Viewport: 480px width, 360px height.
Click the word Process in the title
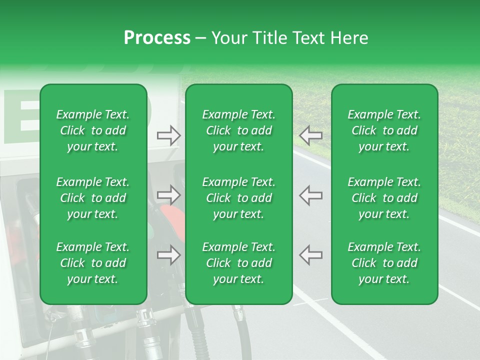tap(157, 38)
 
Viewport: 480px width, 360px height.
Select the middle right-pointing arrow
tap(169, 195)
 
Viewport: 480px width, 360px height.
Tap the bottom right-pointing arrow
tap(169, 255)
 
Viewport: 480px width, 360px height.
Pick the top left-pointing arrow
tap(311, 135)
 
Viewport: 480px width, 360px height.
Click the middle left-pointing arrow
tap(311, 195)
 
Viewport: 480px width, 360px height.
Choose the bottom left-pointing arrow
tap(311, 255)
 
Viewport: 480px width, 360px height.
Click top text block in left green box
tap(93, 130)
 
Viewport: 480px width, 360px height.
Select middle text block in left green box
tap(93, 198)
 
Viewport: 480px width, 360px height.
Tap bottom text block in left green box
tap(93, 263)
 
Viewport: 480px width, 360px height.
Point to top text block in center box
tap(239, 130)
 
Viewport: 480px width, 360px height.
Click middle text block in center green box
tap(239, 198)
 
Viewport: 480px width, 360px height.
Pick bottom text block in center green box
tap(239, 263)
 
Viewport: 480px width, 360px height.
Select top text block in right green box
tap(384, 130)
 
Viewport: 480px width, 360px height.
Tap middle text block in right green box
tap(384, 198)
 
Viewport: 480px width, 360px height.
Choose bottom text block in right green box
tap(384, 263)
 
